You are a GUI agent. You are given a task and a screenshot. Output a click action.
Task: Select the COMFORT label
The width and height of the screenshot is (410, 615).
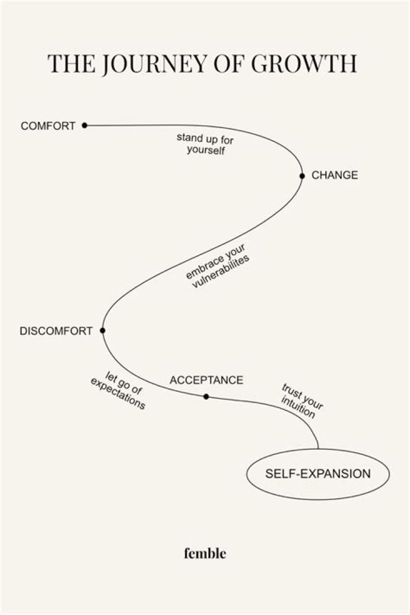48,126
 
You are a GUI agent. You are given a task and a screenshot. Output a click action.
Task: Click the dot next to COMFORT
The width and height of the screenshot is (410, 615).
84,125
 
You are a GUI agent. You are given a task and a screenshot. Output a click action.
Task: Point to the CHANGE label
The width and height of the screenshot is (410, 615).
335,175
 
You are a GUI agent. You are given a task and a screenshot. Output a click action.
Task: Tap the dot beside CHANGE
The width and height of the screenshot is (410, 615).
302,176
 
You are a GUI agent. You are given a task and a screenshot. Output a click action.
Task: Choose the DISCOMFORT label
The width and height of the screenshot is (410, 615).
56,331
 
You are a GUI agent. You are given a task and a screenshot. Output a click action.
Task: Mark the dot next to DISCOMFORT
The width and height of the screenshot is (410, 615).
102,330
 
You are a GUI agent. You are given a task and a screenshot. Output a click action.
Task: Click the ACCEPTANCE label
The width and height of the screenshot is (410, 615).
206,380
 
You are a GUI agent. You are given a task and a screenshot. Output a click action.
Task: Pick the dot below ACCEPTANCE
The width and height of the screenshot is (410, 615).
206,396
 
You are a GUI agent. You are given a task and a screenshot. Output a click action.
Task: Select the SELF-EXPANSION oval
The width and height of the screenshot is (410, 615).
318,474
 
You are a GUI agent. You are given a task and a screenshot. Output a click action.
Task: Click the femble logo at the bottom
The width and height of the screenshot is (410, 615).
205,553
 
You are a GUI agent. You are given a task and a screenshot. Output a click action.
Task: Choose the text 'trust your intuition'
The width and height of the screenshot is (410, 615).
301,401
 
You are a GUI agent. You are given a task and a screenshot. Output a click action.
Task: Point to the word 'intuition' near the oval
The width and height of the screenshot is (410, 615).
297,408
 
